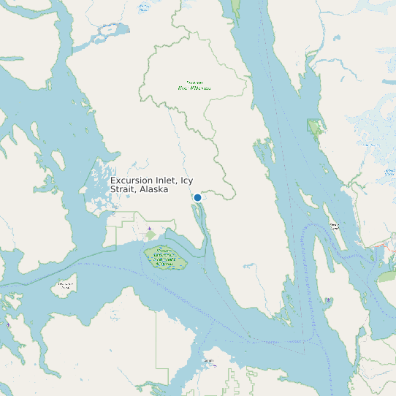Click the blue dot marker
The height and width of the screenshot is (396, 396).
(197, 197)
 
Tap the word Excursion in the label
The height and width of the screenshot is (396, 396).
(132, 180)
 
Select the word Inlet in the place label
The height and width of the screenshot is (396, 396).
(167, 180)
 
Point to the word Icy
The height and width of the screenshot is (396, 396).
(188, 180)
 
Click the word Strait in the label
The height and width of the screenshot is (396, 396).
(123, 189)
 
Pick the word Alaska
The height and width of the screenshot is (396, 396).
(154, 189)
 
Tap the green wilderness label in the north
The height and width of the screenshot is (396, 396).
(194, 86)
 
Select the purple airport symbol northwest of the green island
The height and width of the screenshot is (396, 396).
(150, 229)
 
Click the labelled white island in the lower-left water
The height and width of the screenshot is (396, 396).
(66, 286)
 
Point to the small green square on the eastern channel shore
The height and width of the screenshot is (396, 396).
(315, 128)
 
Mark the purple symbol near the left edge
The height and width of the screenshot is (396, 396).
(8, 323)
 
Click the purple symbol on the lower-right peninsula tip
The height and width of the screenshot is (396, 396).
(328, 300)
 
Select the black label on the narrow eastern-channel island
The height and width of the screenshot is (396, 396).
(334, 226)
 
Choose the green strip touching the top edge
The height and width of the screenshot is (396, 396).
(235, 9)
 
